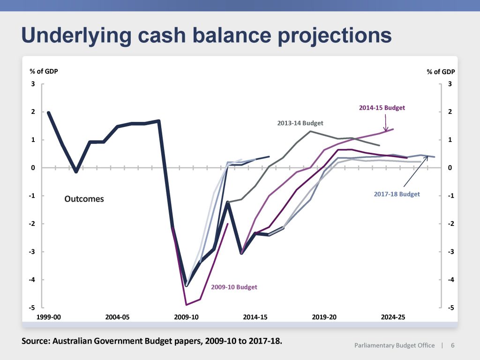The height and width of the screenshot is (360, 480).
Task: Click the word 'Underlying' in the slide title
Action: click(x=76, y=36)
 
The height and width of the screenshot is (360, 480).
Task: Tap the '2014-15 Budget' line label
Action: click(x=382, y=108)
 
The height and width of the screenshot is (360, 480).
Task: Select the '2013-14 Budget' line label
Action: click(x=300, y=123)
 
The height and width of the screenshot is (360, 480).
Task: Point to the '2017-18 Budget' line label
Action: click(x=397, y=194)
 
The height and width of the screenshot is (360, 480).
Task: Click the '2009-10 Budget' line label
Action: click(x=234, y=287)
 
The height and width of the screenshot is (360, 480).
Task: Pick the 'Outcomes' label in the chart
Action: click(x=84, y=199)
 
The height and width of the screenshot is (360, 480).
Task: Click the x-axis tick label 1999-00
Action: click(x=48, y=317)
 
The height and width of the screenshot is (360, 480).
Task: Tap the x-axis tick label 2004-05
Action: click(x=117, y=317)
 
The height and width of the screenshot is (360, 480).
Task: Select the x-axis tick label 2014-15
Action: click(x=255, y=317)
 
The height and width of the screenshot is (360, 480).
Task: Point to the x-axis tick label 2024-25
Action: click(x=393, y=317)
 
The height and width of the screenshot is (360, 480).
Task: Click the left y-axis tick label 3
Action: click(x=33, y=84)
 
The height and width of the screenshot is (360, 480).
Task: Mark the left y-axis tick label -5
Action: click(x=32, y=307)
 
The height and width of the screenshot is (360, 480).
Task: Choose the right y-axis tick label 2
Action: click(x=450, y=112)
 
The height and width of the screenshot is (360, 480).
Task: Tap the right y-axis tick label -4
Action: click(x=451, y=280)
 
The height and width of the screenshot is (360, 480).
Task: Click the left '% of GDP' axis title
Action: click(x=44, y=71)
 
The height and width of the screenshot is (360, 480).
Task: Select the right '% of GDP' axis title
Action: click(x=441, y=72)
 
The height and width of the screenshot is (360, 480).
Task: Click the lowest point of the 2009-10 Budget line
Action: click(x=186, y=305)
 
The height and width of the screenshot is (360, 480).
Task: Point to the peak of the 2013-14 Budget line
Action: click(x=310, y=131)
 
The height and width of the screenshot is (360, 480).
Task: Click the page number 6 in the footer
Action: click(x=452, y=345)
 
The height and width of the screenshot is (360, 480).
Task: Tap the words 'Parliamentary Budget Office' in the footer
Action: click(x=394, y=345)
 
